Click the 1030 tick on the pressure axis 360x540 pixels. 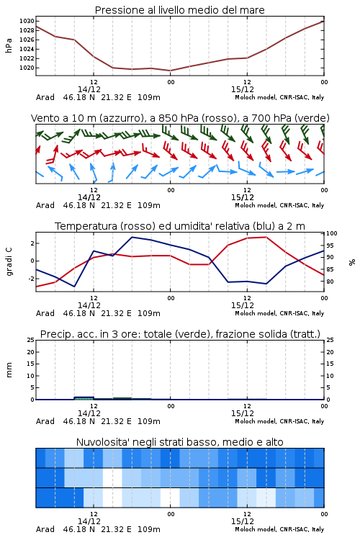pos(27,21)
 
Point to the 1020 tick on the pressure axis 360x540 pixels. pos(27,68)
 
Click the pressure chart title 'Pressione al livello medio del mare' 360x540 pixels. pos(180,10)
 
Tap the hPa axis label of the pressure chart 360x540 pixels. pos(9,45)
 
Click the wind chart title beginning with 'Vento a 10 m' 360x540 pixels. pos(180,118)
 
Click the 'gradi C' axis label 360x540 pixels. pos(9,261)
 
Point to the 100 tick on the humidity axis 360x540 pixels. pos(332,233)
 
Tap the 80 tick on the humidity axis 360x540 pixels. pos(330,282)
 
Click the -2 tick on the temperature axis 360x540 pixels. pos(31,279)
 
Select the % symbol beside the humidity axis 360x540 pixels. pos(352,262)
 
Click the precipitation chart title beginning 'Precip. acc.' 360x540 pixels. pos(180,334)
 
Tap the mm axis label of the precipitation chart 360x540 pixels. pos(9,370)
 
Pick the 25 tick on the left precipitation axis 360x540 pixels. pos(31,340)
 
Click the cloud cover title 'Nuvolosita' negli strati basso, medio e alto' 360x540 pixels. pos(180,442)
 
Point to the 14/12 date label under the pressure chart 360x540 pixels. pos(89,89)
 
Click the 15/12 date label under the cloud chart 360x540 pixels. pos(243,521)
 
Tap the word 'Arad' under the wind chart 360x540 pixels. pos(45,205)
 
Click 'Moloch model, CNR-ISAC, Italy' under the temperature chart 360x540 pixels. pos(279,313)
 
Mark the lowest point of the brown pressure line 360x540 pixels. pos(170,71)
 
